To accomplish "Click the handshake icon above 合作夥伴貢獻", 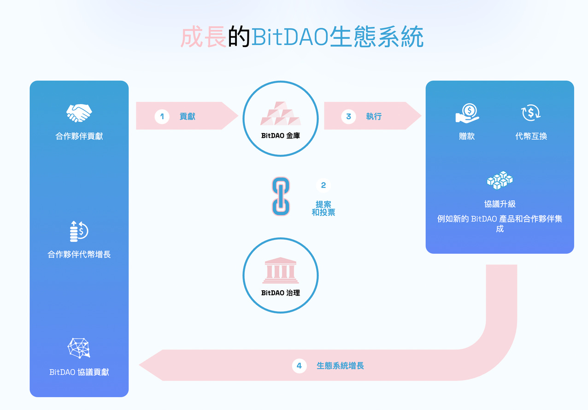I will pos(79,113).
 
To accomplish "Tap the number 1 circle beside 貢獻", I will pos(162,117).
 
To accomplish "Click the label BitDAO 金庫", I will pos(280,136).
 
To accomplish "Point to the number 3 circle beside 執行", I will pos(348,117).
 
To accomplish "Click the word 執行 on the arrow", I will pos(374,117).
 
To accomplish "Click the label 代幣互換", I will pos(531,136).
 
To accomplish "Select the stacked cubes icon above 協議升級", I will pos(500,180).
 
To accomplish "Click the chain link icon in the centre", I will pos(280,196).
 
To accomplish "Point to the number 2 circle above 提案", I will pos(323,185).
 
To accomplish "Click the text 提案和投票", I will pos(323,208).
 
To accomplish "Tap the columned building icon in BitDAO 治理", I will pos(280,271).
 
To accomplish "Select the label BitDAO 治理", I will pos(280,293).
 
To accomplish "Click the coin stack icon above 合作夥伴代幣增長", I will pos(79,231).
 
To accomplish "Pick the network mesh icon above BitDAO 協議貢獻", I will pos(79,348).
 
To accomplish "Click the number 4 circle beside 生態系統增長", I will pos(299,366).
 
